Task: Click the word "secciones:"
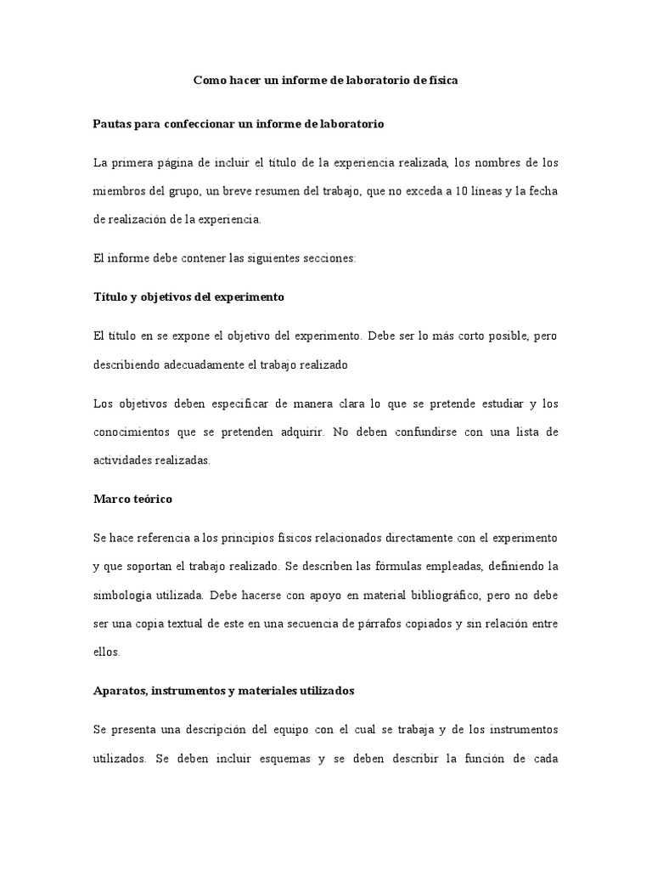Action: click(331, 258)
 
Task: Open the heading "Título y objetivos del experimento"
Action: click(188, 297)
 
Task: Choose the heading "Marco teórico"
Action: click(132, 499)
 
